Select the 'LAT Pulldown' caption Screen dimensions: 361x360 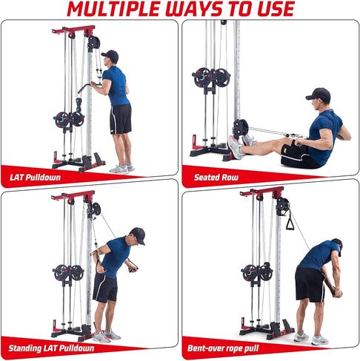[36, 177]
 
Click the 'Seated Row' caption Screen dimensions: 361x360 [216, 177]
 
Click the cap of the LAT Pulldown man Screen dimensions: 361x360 [110, 54]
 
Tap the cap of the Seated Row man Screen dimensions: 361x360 [318, 93]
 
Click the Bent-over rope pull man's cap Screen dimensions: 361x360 [338, 243]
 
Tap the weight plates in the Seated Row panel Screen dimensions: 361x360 [212, 76]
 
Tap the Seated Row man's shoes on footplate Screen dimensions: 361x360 [236, 146]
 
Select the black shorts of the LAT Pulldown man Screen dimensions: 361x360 [120, 118]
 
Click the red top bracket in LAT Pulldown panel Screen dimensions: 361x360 [74, 32]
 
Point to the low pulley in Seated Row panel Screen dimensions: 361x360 [241, 128]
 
